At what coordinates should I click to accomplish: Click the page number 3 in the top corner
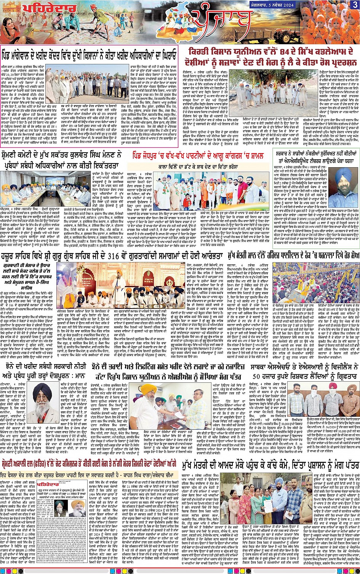(x=354, y=5)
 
